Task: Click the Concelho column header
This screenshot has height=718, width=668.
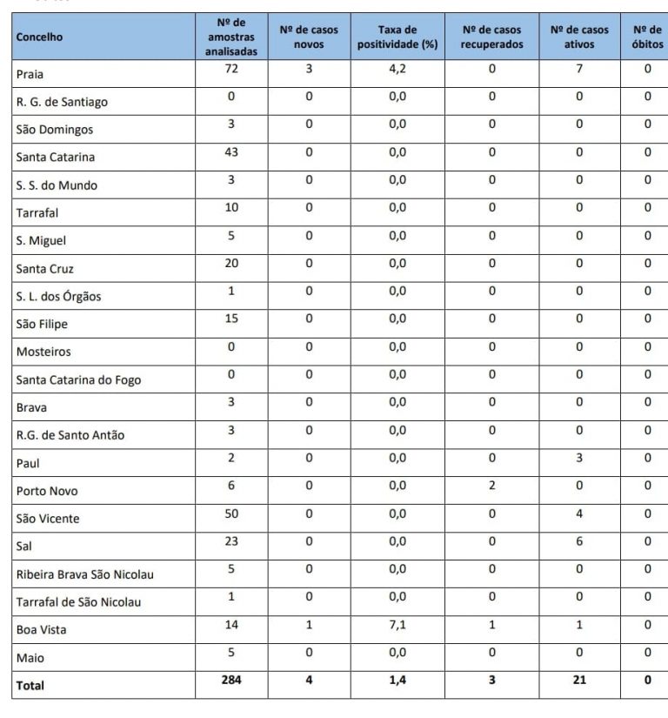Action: (39, 37)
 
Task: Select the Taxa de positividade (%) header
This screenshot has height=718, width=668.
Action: (397, 37)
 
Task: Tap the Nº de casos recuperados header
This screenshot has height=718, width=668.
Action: (491, 37)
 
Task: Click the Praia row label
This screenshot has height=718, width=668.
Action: (30, 74)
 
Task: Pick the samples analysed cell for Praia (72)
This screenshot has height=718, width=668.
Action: (230, 69)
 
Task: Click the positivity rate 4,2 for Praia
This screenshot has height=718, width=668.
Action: (397, 69)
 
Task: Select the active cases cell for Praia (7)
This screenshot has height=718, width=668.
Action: (579, 69)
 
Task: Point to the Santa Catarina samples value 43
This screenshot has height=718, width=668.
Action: (230, 152)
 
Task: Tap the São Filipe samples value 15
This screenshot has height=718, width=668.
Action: (230, 319)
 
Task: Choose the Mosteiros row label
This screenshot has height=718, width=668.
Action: (43, 352)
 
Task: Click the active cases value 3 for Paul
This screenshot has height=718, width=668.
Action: (579, 458)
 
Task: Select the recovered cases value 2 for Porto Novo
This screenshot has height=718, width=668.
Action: (491, 486)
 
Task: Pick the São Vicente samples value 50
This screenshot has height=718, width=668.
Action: (230, 513)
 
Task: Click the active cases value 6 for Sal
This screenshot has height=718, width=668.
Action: (579, 541)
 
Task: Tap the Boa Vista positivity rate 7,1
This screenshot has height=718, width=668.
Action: (397, 625)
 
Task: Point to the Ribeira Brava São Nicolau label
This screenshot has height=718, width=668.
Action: (85, 574)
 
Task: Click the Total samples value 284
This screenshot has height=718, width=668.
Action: (230, 681)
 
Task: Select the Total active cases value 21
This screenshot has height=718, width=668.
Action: (579, 681)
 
